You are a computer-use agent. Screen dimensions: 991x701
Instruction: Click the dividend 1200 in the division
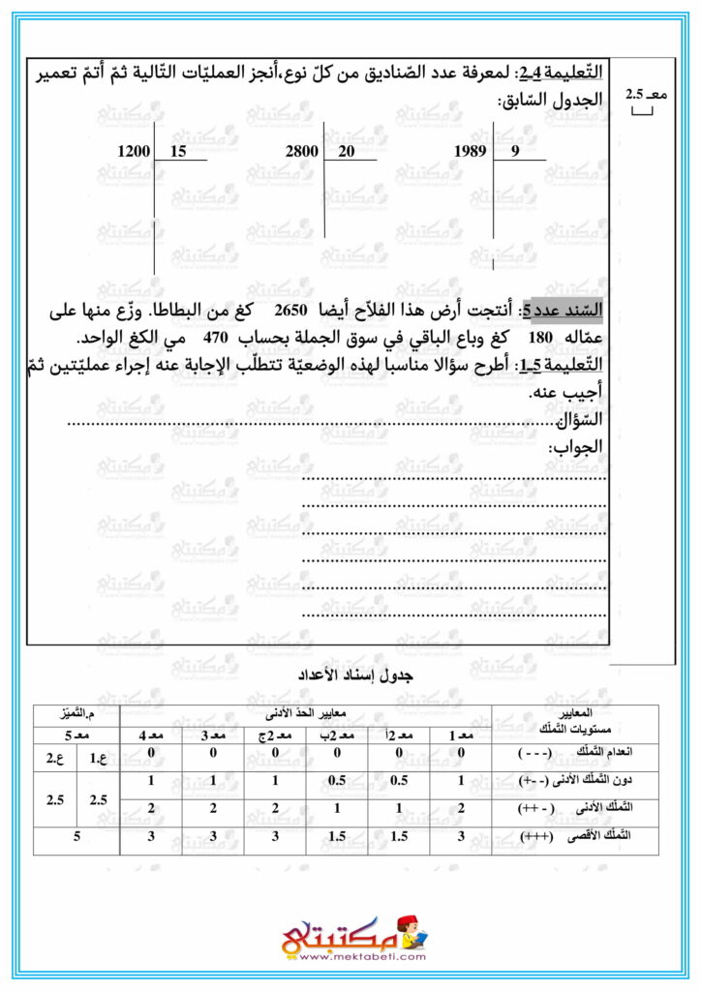134,152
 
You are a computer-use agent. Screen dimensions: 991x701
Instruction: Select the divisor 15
177,152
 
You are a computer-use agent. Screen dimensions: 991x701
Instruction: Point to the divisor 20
347,152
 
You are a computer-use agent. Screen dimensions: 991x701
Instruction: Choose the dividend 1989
471,152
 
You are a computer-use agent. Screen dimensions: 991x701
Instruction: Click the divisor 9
515,152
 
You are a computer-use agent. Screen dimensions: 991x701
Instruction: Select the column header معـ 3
214,736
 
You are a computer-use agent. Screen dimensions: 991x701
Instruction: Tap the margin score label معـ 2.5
640,95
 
